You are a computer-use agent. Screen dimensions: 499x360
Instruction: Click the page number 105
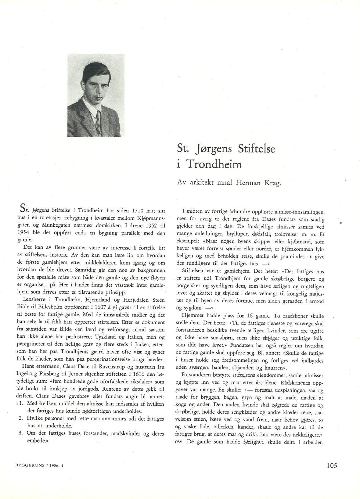pyautogui.click(x=330, y=466)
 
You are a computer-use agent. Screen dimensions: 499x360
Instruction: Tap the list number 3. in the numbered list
pyautogui.click(x=21, y=433)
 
